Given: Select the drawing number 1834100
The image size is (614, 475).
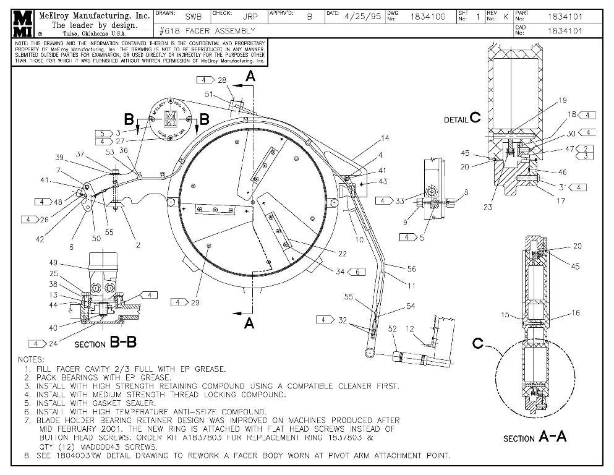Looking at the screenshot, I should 428,17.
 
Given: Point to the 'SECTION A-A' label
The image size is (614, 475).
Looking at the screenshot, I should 535,437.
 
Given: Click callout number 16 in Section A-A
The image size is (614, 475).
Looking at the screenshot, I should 576,314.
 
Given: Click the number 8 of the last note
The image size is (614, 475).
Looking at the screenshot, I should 27,456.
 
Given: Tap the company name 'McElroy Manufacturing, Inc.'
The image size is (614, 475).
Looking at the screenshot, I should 94,15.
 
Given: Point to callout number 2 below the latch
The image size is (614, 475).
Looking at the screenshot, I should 137,245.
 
